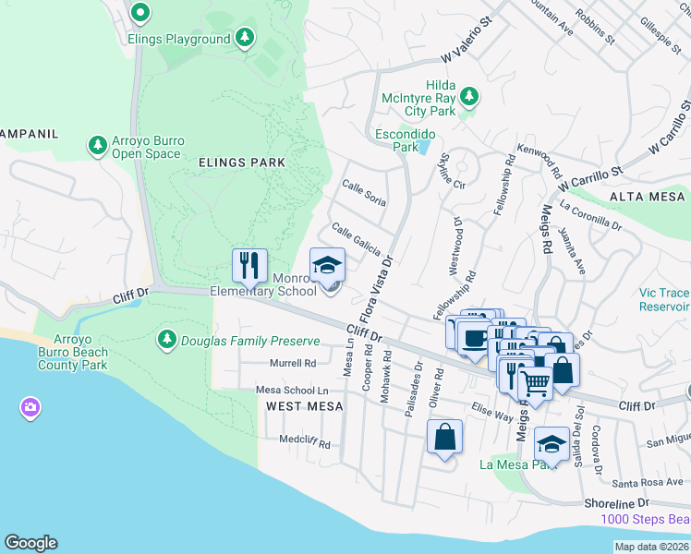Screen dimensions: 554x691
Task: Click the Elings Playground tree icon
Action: click(244, 39)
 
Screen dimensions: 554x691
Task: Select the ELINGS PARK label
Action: click(242, 163)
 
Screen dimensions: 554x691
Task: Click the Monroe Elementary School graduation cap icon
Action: click(326, 266)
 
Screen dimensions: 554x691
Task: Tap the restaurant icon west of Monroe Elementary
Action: click(249, 266)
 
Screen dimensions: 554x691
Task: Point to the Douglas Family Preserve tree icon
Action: click(167, 340)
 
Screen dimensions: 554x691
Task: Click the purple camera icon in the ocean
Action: click(30, 407)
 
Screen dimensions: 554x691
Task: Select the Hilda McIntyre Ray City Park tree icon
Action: click(469, 96)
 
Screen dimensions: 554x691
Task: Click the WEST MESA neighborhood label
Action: click(305, 406)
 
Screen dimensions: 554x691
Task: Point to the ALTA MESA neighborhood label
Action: click(647, 197)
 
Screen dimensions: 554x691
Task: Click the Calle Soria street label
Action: click(364, 193)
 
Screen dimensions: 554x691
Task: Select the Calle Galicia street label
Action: click(356, 239)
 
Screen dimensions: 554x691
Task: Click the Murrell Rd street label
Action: click(292, 363)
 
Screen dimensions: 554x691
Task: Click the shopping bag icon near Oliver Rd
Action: click(444, 438)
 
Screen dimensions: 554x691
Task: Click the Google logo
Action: click(30, 543)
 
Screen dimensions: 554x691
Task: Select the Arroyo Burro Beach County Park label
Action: click(73, 352)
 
